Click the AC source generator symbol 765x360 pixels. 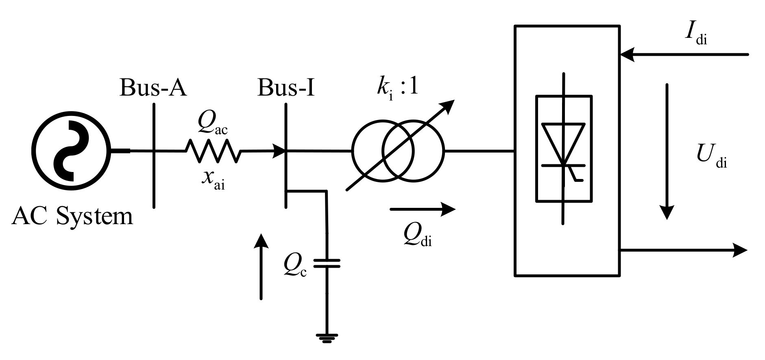point(71,151)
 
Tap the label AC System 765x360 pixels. point(72,216)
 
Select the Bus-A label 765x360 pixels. point(153,87)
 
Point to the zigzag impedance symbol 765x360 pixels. point(213,151)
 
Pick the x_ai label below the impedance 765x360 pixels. point(213,179)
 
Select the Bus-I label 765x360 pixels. point(286,87)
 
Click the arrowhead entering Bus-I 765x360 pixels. point(280,151)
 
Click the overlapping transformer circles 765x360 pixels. point(398,151)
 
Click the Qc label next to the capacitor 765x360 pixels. point(295,267)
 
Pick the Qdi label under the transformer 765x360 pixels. point(417,236)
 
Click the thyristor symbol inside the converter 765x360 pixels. point(563,148)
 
